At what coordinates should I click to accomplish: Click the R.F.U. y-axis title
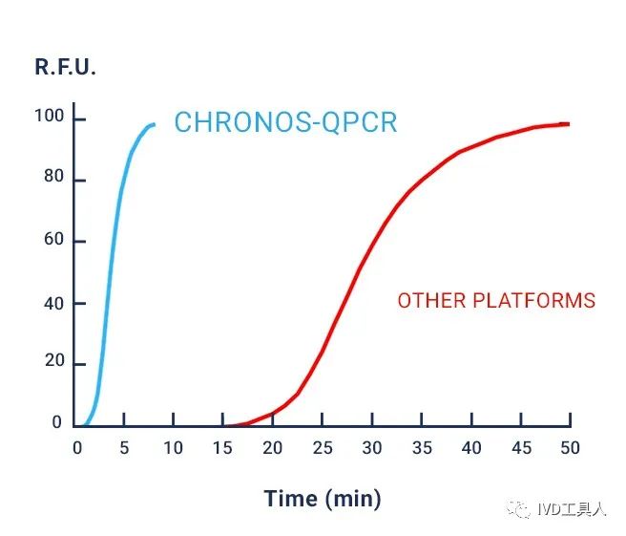(x=66, y=68)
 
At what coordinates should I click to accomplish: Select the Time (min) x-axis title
(x=323, y=498)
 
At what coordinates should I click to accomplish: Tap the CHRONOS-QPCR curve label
(x=285, y=123)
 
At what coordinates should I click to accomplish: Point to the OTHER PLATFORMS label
(x=496, y=301)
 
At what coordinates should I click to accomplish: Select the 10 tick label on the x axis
(x=173, y=447)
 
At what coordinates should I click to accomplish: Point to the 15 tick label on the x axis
(x=222, y=447)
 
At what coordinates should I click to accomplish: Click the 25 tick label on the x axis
(x=323, y=447)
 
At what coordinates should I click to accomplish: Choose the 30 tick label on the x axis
(x=372, y=447)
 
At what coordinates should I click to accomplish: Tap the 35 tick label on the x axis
(x=421, y=447)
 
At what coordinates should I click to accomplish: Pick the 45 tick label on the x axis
(x=520, y=447)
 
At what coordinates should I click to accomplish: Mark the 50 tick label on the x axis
(x=570, y=447)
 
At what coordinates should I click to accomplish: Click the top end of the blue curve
(x=154, y=124)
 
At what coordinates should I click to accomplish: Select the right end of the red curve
(x=569, y=124)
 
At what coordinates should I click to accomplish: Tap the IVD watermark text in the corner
(x=572, y=509)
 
